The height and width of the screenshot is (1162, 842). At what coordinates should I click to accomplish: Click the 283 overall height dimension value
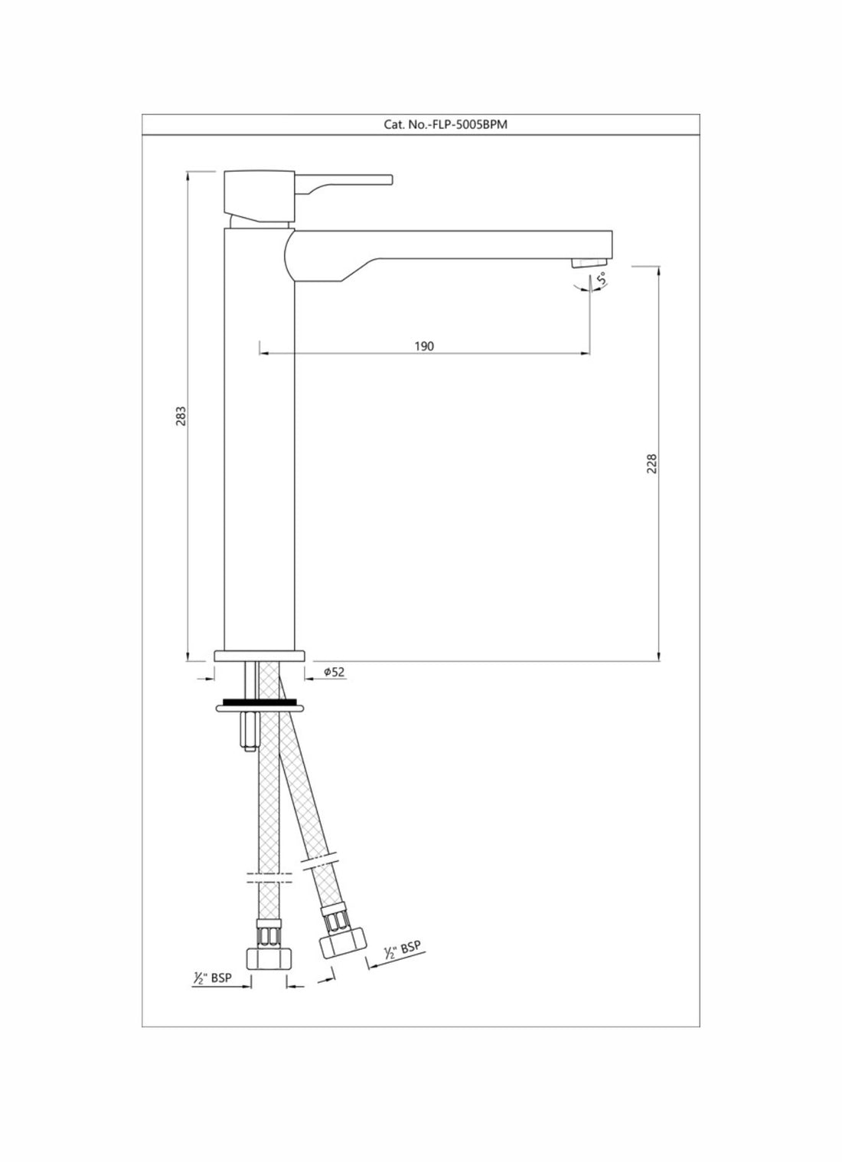(x=181, y=416)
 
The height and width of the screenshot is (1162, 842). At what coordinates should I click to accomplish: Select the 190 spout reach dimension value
(x=423, y=346)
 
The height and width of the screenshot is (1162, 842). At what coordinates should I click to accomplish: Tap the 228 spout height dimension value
(x=651, y=463)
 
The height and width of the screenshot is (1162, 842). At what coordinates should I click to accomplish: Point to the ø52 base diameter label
(x=335, y=672)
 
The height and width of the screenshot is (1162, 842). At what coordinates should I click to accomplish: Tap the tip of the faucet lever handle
(x=390, y=180)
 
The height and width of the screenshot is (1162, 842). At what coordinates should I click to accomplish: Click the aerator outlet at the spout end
(x=583, y=263)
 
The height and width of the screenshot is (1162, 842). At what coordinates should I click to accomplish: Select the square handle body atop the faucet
(x=259, y=194)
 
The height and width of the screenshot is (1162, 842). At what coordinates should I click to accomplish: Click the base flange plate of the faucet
(x=259, y=656)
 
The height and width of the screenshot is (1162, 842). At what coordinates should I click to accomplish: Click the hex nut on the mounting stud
(x=250, y=732)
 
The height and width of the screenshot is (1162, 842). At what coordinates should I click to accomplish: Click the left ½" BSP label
(x=212, y=978)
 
